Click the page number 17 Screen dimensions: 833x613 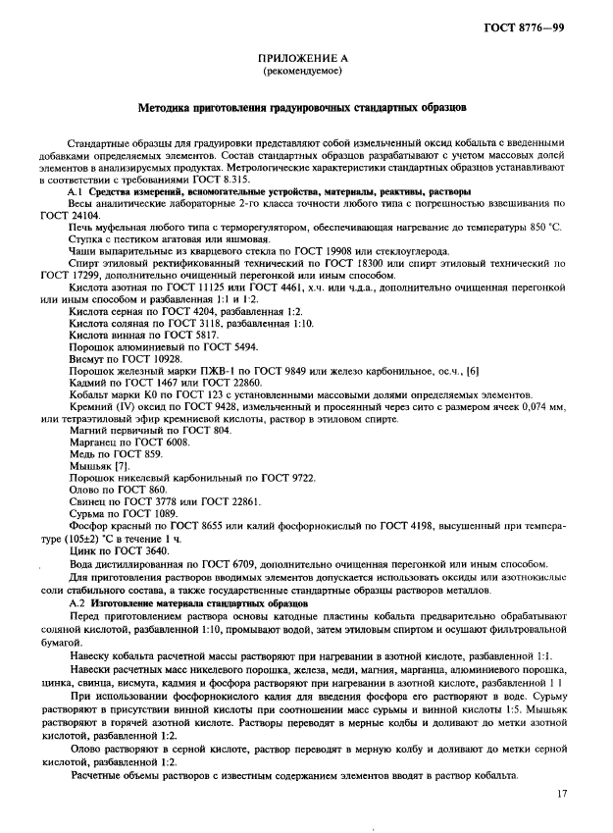click(x=561, y=793)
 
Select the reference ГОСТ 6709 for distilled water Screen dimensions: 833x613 click(x=251, y=565)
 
